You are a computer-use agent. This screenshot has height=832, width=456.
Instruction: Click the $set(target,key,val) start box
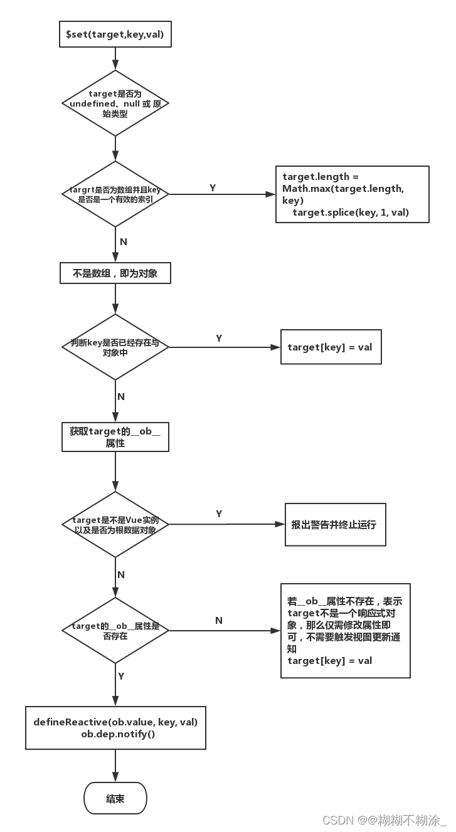click(x=115, y=34)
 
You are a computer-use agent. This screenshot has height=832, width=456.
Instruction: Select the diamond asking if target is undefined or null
click(x=115, y=103)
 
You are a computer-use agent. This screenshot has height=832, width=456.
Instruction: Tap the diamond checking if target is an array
click(x=115, y=194)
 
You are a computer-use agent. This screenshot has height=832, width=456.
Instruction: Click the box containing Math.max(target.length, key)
click(x=352, y=194)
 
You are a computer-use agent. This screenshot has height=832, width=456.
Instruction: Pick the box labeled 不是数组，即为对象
click(x=115, y=273)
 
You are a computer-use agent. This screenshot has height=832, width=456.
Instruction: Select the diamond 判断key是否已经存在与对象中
click(x=115, y=347)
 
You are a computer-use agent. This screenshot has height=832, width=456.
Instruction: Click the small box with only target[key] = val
click(x=330, y=347)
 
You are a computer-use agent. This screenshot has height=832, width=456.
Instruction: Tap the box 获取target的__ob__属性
click(x=115, y=438)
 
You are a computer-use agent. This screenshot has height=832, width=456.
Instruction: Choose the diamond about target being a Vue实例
click(x=115, y=524)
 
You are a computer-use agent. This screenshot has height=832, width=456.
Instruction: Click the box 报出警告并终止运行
click(x=335, y=524)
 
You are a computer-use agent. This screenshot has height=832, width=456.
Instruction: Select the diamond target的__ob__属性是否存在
click(x=115, y=630)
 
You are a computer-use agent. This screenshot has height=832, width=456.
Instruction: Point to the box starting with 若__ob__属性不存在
click(x=345, y=630)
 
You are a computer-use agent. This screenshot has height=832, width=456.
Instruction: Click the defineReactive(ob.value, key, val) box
click(x=115, y=727)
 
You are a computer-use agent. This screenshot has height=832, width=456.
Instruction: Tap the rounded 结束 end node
click(x=115, y=799)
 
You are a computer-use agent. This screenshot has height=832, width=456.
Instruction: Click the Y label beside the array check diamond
click(x=213, y=187)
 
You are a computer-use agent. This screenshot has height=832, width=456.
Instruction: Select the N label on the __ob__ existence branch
click(x=219, y=620)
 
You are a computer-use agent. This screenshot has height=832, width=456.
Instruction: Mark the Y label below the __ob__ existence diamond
click(x=121, y=677)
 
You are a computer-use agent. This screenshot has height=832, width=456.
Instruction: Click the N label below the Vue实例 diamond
click(x=121, y=574)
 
